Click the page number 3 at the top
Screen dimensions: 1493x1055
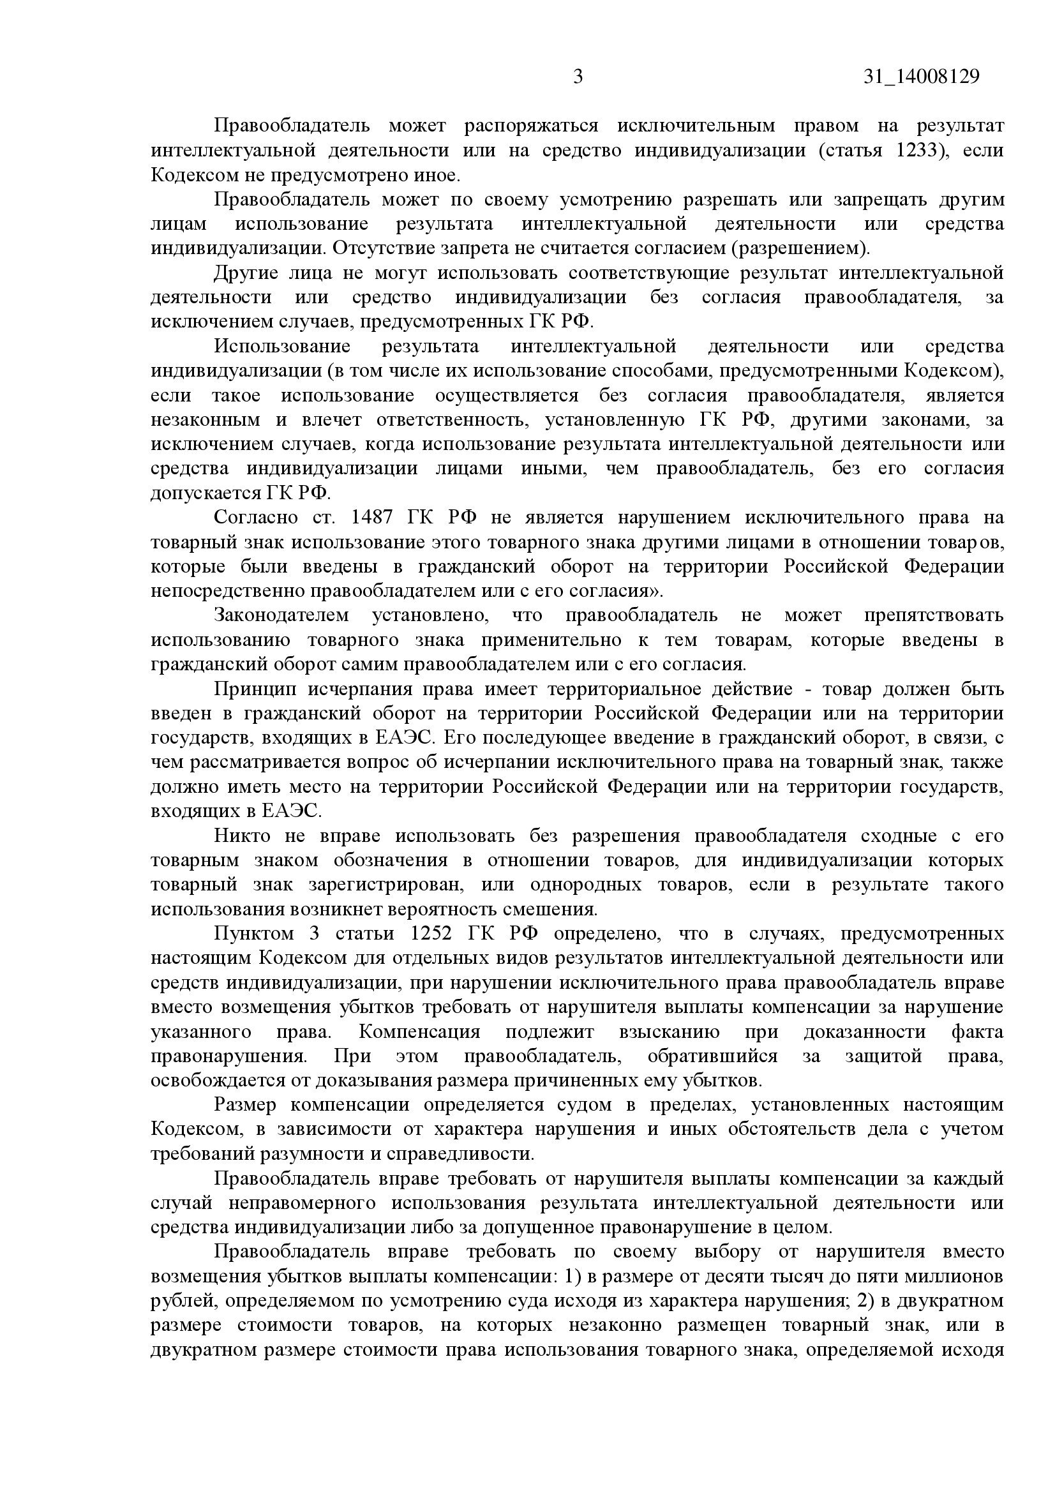[578, 77]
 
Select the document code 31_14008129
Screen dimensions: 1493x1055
[922, 77]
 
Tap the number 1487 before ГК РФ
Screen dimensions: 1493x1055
[372, 518]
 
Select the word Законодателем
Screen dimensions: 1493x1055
[281, 615]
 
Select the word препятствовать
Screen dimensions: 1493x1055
[934, 615]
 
